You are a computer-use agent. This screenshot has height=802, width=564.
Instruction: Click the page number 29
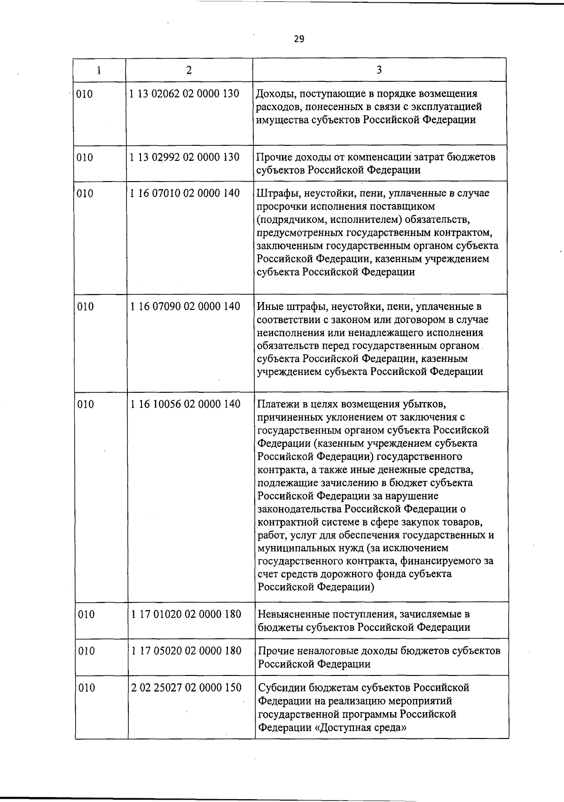(299, 39)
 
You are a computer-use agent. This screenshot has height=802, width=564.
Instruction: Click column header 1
(99, 70)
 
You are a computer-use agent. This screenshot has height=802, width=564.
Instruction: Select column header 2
(188, 70)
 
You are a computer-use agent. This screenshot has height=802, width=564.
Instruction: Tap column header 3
(379, 70)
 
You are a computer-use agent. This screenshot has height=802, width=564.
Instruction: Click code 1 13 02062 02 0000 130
(185, 94)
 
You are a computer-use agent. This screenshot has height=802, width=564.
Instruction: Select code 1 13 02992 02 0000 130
(185, 157)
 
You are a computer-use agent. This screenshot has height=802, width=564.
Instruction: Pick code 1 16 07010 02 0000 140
(185, 193)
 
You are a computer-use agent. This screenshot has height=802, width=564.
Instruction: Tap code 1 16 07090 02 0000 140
(185, 307)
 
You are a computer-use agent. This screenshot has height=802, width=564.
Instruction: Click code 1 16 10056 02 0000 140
(186, 404)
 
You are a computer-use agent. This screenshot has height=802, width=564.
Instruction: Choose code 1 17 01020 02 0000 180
(186, 614)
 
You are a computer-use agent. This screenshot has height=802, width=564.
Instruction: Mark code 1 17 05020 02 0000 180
(186, 651)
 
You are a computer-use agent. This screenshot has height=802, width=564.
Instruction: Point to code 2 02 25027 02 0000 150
(186, 688)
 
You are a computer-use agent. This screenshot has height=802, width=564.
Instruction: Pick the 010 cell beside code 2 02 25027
(86, 688)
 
